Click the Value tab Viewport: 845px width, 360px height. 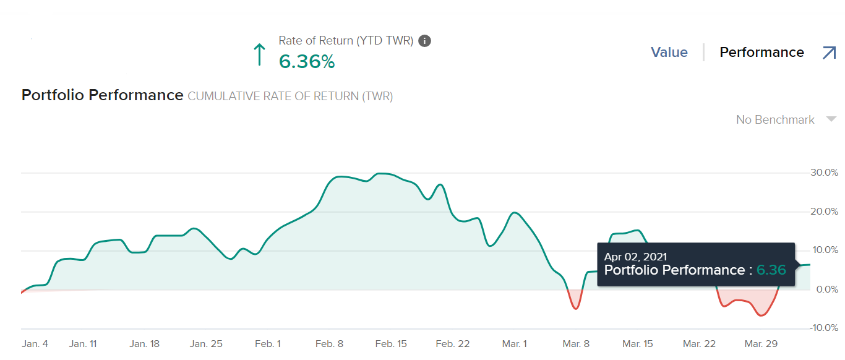[669, 53]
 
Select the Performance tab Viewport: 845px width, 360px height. [761, 53]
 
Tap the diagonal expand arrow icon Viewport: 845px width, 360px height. [829, 53]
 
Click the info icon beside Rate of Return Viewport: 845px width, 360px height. [424, 41]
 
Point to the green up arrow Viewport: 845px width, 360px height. [260, 54]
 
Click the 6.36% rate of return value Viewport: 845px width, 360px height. [307, 62]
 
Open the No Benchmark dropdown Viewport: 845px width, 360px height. [786, 119]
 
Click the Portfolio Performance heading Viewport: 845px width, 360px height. [103, 95]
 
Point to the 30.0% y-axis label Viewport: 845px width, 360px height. [824, 173]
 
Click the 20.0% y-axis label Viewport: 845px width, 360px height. [824, 212]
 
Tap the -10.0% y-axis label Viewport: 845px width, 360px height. [823, 328]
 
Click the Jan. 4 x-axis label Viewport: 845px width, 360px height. [35, 344]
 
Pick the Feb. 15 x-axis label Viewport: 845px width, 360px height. [391, 344]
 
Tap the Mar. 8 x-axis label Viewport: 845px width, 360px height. [576, 344]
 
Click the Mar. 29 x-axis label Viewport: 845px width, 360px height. [761, 344]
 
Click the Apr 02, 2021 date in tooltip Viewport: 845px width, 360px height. [635, 257]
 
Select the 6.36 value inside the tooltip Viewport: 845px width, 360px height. [771, 270]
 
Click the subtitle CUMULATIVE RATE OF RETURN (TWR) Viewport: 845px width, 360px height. [290, 96]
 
